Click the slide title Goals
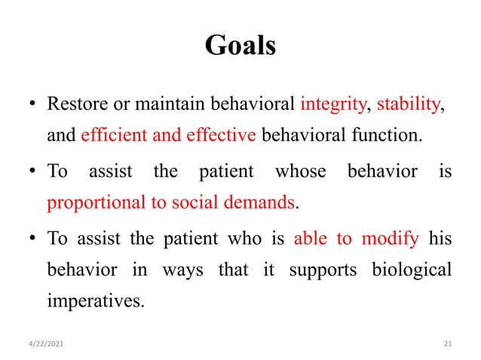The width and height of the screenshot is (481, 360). tap(240, 46)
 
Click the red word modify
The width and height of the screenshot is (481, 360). tap(390, 240)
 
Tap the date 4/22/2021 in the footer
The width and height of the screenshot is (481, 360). tap(47, 343)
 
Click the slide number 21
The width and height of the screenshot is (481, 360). tap(446, 343)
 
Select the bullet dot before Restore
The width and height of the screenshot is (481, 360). tap(34, 103)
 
